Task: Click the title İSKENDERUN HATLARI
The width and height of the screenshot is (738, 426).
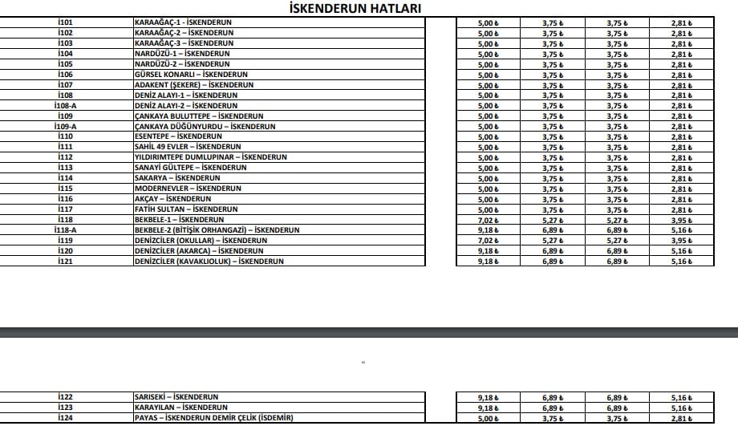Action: click(354, 8)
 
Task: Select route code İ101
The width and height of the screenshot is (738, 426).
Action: click(66, 22)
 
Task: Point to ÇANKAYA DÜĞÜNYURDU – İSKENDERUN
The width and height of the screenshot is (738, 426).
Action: click(205, 127)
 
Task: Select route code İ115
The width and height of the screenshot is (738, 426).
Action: click(66, 189)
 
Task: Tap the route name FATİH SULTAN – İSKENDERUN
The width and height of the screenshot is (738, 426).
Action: click(181, 209)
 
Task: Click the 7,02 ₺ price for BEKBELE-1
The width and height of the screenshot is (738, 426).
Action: click(489, 220)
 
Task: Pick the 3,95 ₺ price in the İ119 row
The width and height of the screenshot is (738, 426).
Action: click(681, 241)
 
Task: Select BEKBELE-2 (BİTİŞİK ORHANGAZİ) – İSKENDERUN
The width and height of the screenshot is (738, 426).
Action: click(217, 230)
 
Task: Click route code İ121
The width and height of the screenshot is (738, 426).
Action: click(66, 262)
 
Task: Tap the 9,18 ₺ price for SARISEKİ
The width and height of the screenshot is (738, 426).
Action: click(489, 397)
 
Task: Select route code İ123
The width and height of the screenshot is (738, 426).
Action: click(66, 408)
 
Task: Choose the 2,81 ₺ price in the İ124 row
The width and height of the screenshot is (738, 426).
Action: click(681, 418)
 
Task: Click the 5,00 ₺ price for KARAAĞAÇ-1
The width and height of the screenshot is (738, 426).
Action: click(489, 22)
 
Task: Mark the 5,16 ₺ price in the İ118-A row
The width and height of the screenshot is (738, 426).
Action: click(681, 230)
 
